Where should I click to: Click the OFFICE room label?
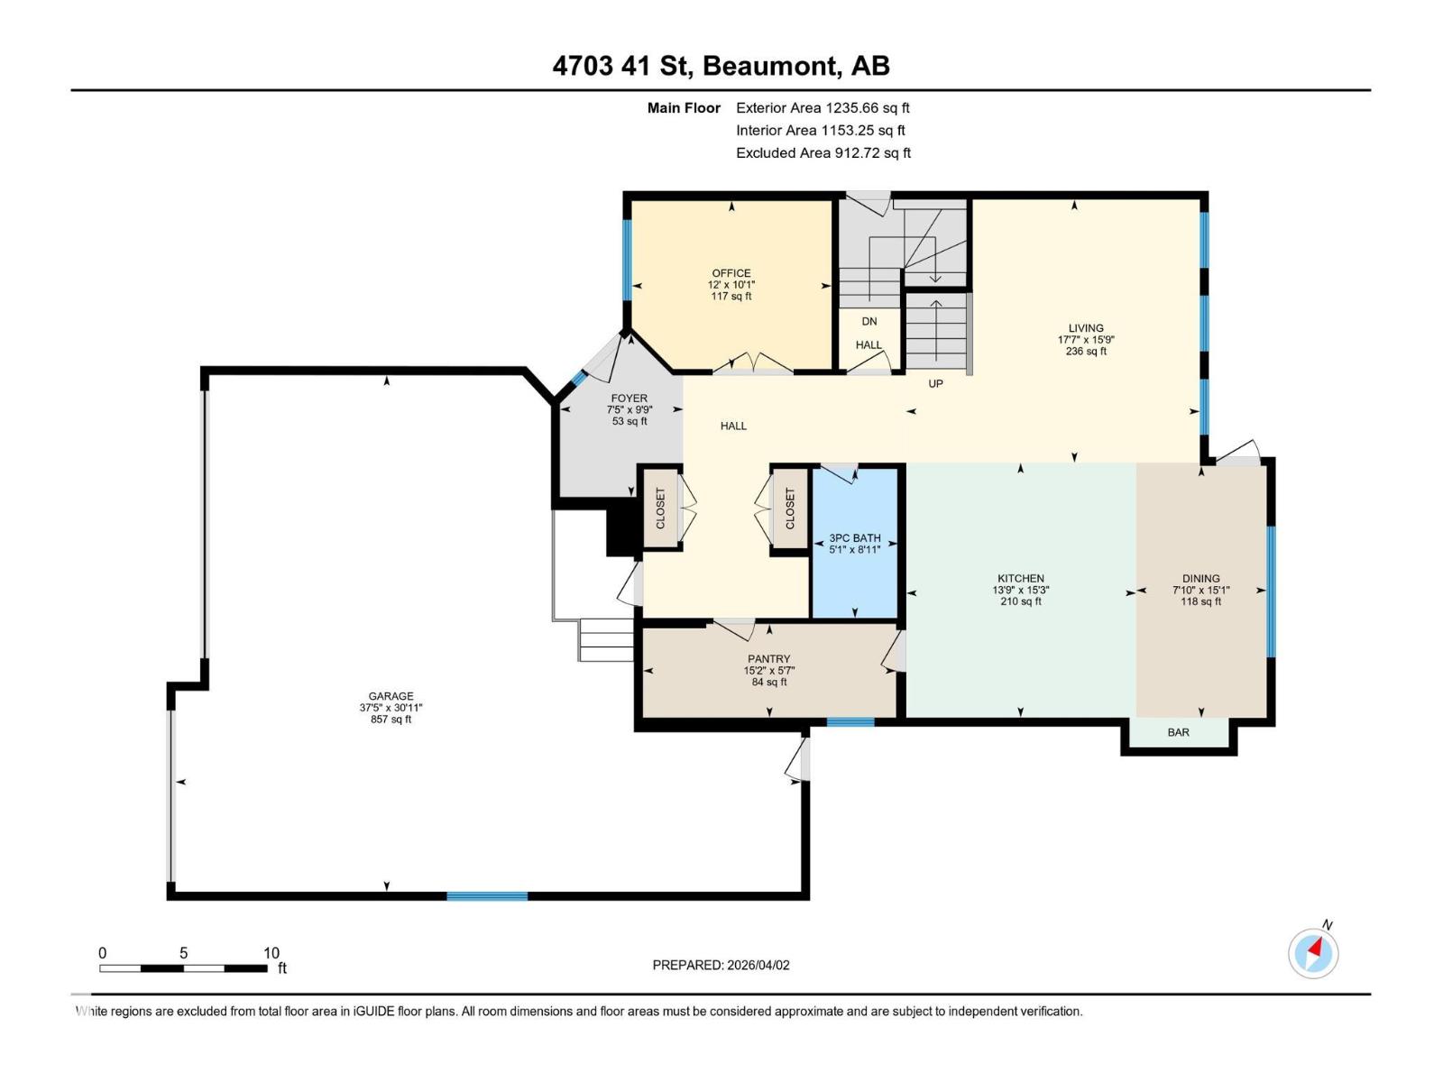(x=731, y=273)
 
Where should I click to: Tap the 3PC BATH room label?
(x=854, y=537)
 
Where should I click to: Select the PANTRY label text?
(x=768, y=659)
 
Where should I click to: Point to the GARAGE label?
(x=391, y=696)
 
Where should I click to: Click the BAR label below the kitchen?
(x=1178, y=732)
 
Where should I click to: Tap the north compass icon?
(x=1313, y=953)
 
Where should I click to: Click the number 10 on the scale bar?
(x=271, y=953)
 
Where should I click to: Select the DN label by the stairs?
(x=869, y=321)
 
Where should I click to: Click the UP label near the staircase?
(x=935, y=383)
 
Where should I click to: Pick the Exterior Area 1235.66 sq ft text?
(x=823, y=107)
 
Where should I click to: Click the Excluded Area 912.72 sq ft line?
(x=823, y=152)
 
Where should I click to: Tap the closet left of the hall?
(x=660, y=509)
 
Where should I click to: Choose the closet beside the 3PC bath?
(x=790, y=509)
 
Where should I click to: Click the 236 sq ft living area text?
(x=1085, y=352)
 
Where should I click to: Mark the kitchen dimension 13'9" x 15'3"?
(x=1020, y=591)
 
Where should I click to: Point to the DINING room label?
(x=1200, y=579)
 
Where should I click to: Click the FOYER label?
(x=629, y=399)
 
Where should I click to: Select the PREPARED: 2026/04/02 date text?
(x=721, y=965)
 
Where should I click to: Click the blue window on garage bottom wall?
(x=487, y=895)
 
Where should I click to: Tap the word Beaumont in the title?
(x=768, y=66)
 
